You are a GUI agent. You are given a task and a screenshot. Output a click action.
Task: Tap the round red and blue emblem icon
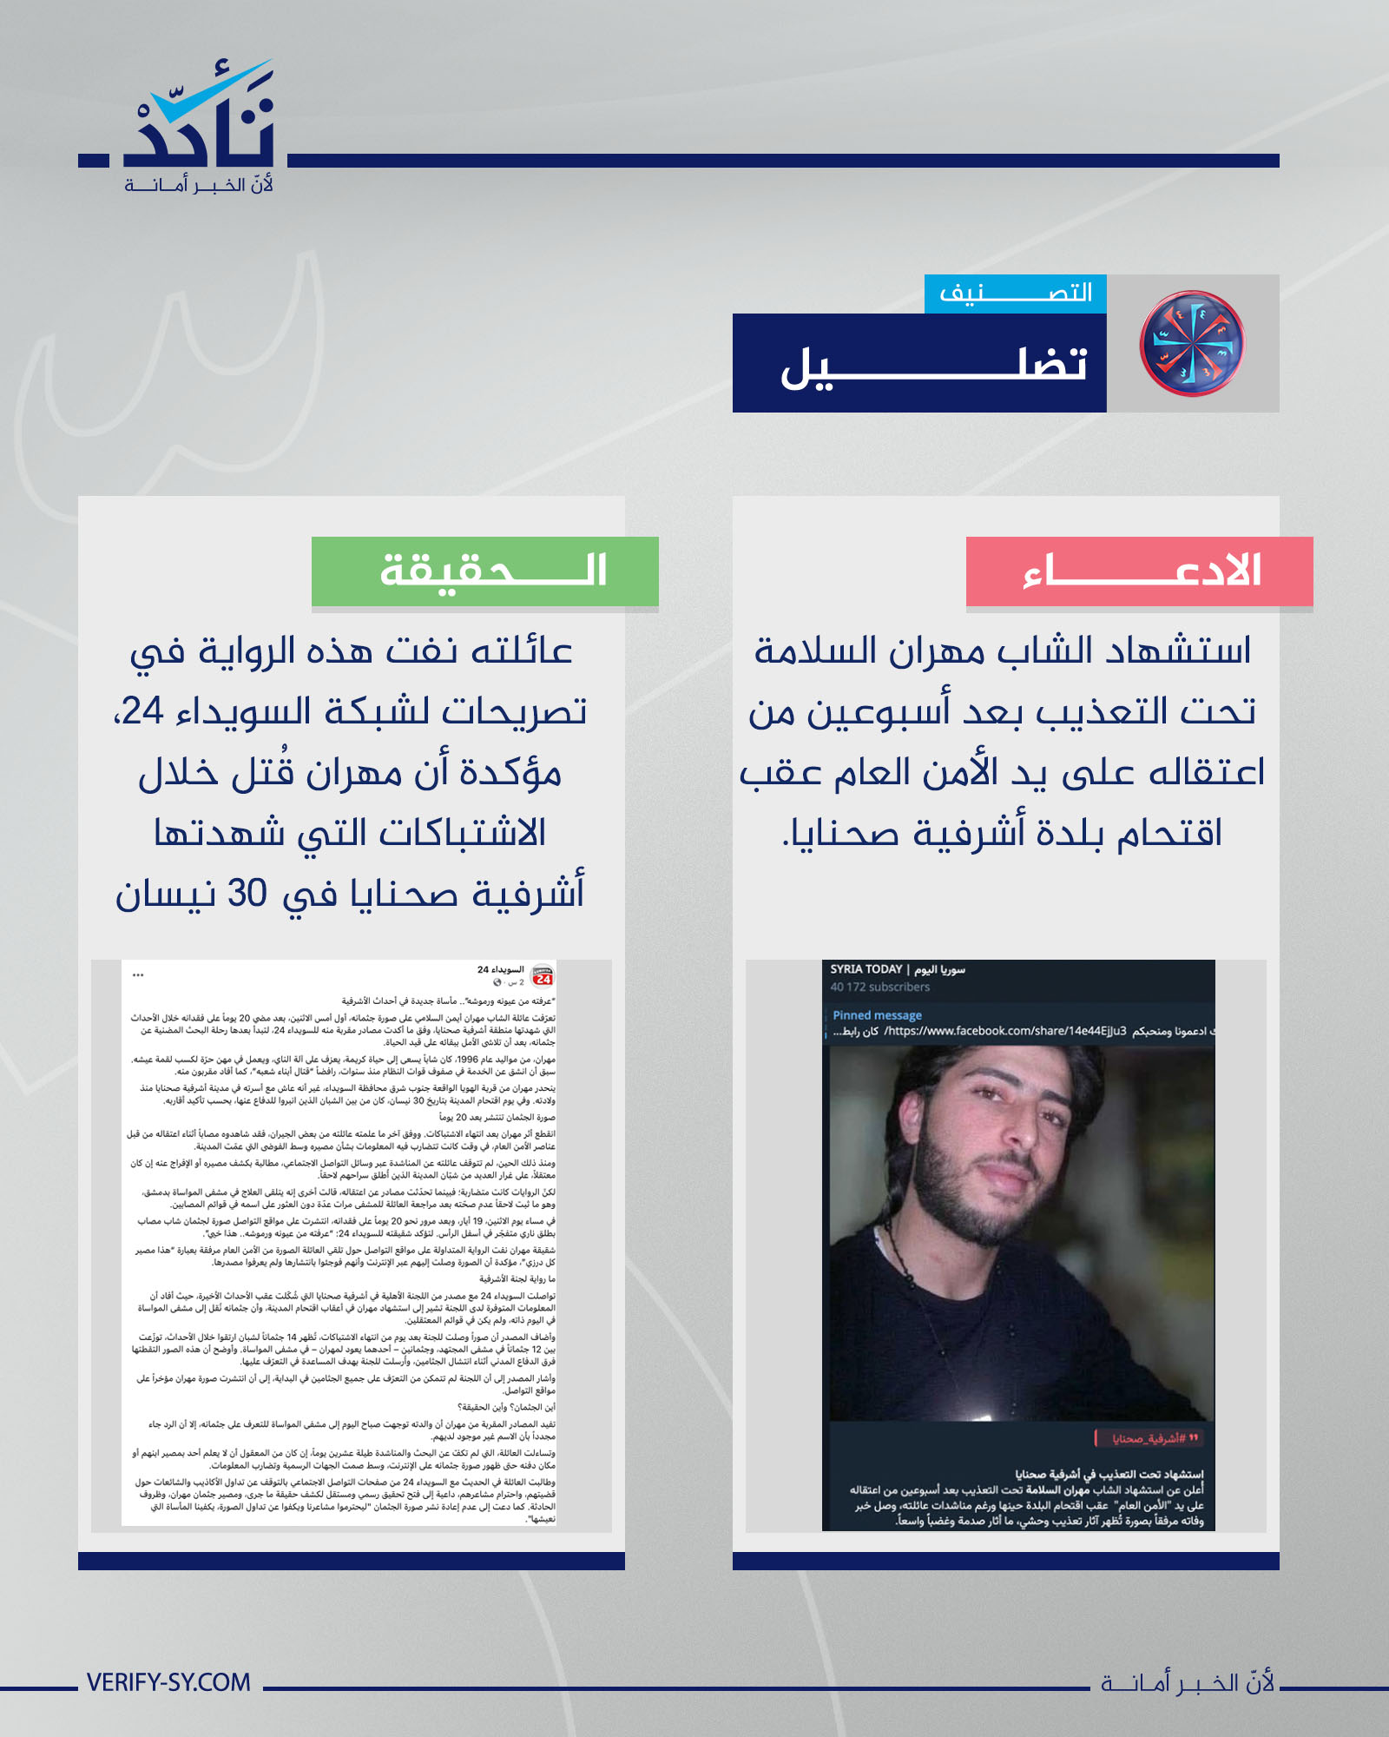[x=1192, y=344]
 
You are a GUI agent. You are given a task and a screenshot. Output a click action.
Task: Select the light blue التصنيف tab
[x=1015, y=294]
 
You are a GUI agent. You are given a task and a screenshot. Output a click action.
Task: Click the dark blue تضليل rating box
[x=919, y=363]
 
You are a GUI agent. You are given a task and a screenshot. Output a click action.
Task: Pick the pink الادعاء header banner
[x=1139, y=571]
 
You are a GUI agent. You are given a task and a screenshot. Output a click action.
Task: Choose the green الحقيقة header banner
[x=484, y=571]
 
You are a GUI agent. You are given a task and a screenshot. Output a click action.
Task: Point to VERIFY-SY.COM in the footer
[x=168, y=1682]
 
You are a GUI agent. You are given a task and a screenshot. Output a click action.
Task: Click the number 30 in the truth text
[x=247, y=894]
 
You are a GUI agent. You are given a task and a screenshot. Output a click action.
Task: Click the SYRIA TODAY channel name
[x=866, y=969]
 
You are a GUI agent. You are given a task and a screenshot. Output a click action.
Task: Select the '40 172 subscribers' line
[x=879, y=987]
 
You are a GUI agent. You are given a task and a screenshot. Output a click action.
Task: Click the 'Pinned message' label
[x=877, y=1015]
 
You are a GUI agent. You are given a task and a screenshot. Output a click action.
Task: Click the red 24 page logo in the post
[x=543, y=976]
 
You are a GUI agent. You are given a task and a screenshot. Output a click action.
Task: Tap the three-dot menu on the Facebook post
[x=138, y=975]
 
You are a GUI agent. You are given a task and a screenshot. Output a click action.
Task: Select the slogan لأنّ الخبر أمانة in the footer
[x=1187, y=1683]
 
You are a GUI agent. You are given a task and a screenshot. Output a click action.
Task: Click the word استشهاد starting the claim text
[x=1178, y=651]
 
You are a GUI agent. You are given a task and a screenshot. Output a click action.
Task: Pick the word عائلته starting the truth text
[x=521, y=651]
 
